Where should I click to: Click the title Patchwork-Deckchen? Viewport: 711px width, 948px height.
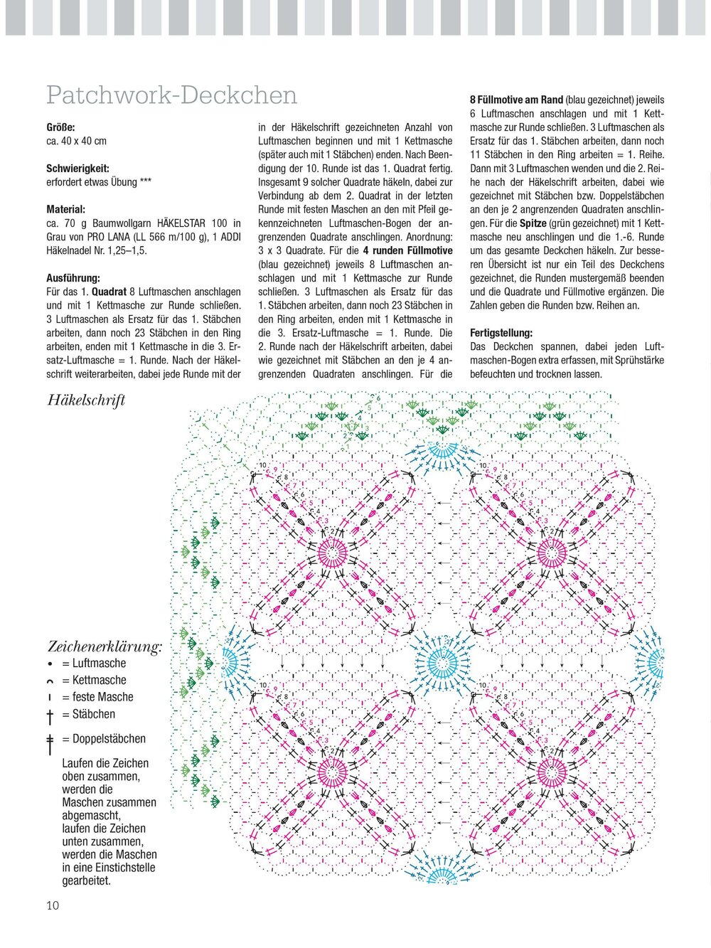pyautogui.click(x=171, y=95)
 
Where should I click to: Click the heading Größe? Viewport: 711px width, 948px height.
pyautogui.click(x=60, y=127)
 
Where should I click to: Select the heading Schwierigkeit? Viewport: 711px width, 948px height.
pyautogui.click(x=77, y=169)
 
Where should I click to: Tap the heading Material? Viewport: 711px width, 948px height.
pyautogui.click(x=65, y=210)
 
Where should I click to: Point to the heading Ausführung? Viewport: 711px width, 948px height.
pyautogui.click(x=73, y=278)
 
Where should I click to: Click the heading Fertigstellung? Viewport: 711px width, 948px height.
pyautogui.click(x=501, y=333)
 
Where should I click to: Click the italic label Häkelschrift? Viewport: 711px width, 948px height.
pyautogui.click(x=86, y=400)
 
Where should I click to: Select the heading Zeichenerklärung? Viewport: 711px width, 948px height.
pyautogui.click(x=105, y=646)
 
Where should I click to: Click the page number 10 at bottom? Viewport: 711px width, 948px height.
pyautogui.click(x=53, y=905)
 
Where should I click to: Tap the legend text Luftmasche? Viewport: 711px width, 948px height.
pyautogui.click(x=99, y=664)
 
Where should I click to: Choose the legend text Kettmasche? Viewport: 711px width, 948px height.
pyautogui.click(x=99, y=681)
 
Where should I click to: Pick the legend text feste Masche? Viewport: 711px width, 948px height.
pyautogui.click(x=102, y=698)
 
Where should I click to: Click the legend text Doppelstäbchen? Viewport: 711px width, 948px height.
pyautogui.click(x=109, y=740)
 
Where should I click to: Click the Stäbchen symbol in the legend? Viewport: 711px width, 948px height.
pyautogui.click(x=50, y=715)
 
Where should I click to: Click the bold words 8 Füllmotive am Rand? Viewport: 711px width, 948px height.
pyautogui.click(x=516, y=100)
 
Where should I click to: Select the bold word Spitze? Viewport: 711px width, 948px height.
pyautogui.click(x=533, y=223)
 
